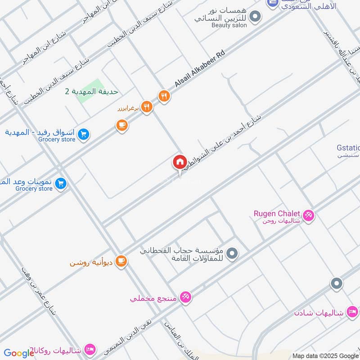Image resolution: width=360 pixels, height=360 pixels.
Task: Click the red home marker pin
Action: point(180,162)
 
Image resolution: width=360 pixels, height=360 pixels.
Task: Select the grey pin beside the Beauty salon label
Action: point(255,18)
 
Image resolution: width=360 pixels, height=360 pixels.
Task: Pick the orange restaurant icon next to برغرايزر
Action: point(147,107)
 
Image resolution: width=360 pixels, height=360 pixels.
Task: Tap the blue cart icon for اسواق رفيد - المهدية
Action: point(83,134)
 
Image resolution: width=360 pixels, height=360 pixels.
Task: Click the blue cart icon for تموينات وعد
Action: point(61,183)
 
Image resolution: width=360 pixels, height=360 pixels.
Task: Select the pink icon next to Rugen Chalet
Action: point(308,216)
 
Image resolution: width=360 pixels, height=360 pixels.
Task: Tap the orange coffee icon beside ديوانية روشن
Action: point(121,261)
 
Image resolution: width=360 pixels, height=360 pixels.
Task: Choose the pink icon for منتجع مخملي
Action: point(184,297)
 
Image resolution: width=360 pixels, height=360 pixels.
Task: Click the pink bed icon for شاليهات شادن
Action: point(352,312)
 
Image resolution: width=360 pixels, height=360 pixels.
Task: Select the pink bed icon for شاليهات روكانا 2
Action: point(90,349)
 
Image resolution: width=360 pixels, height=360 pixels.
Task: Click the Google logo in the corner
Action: point(19,354)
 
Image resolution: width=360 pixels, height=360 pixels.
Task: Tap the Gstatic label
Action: point(348,148)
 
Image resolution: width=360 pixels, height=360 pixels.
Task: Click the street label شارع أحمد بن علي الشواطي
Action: point(223,143)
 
